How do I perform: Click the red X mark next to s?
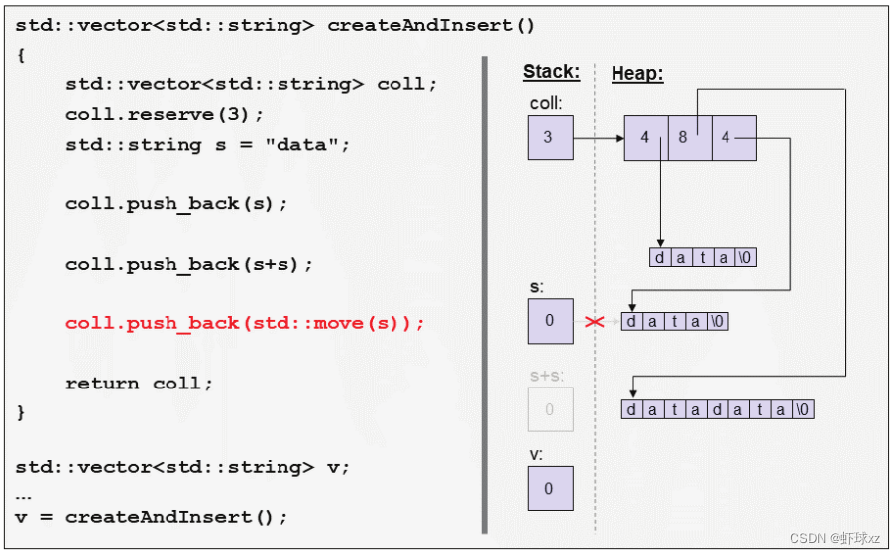tap(595, 322)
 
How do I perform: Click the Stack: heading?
tap(551, 72)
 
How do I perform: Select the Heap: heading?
tap(637, 73)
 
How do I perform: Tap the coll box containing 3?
tap(550, 138)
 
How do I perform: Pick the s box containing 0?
tap(550, 321)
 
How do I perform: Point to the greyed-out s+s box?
tap(550, 409)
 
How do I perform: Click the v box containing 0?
tap(550, 489)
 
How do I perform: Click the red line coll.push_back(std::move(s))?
tap(245, 323)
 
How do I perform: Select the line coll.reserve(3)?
tap(165, 114)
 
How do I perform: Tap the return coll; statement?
tap(139, 383)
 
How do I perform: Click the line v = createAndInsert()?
tap(151, 516)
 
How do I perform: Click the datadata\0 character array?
tap(718, 409)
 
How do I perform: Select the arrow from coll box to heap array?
tap(599, 138)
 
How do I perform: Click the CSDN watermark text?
tap(834, 537)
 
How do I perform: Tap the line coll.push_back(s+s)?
tap(189, 264)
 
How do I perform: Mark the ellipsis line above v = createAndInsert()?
tap(23, 493)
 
